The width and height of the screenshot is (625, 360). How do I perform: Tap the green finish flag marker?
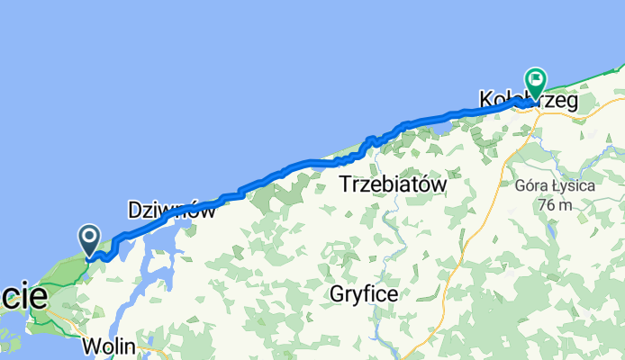tap(536, 82)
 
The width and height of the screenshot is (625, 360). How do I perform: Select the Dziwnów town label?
tap(171, 211)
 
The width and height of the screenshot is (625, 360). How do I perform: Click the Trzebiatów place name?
tap(394, 184)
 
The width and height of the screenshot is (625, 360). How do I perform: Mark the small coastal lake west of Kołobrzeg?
tap(443, 127)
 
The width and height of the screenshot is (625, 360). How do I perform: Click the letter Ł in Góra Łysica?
tap(555, 188)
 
